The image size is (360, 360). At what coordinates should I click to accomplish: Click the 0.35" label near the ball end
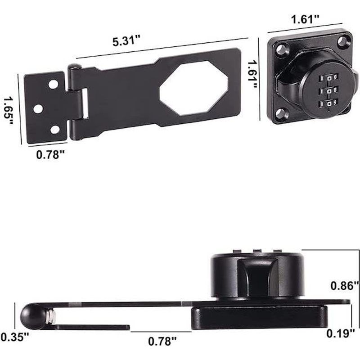(15, 336)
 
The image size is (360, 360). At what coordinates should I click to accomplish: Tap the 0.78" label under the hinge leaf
(50, 155)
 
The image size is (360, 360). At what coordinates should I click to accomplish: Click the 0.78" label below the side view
(161, 342)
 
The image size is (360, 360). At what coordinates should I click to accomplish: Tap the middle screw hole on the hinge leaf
(38, 108)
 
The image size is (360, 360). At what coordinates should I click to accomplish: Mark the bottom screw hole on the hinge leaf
(55, 130)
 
